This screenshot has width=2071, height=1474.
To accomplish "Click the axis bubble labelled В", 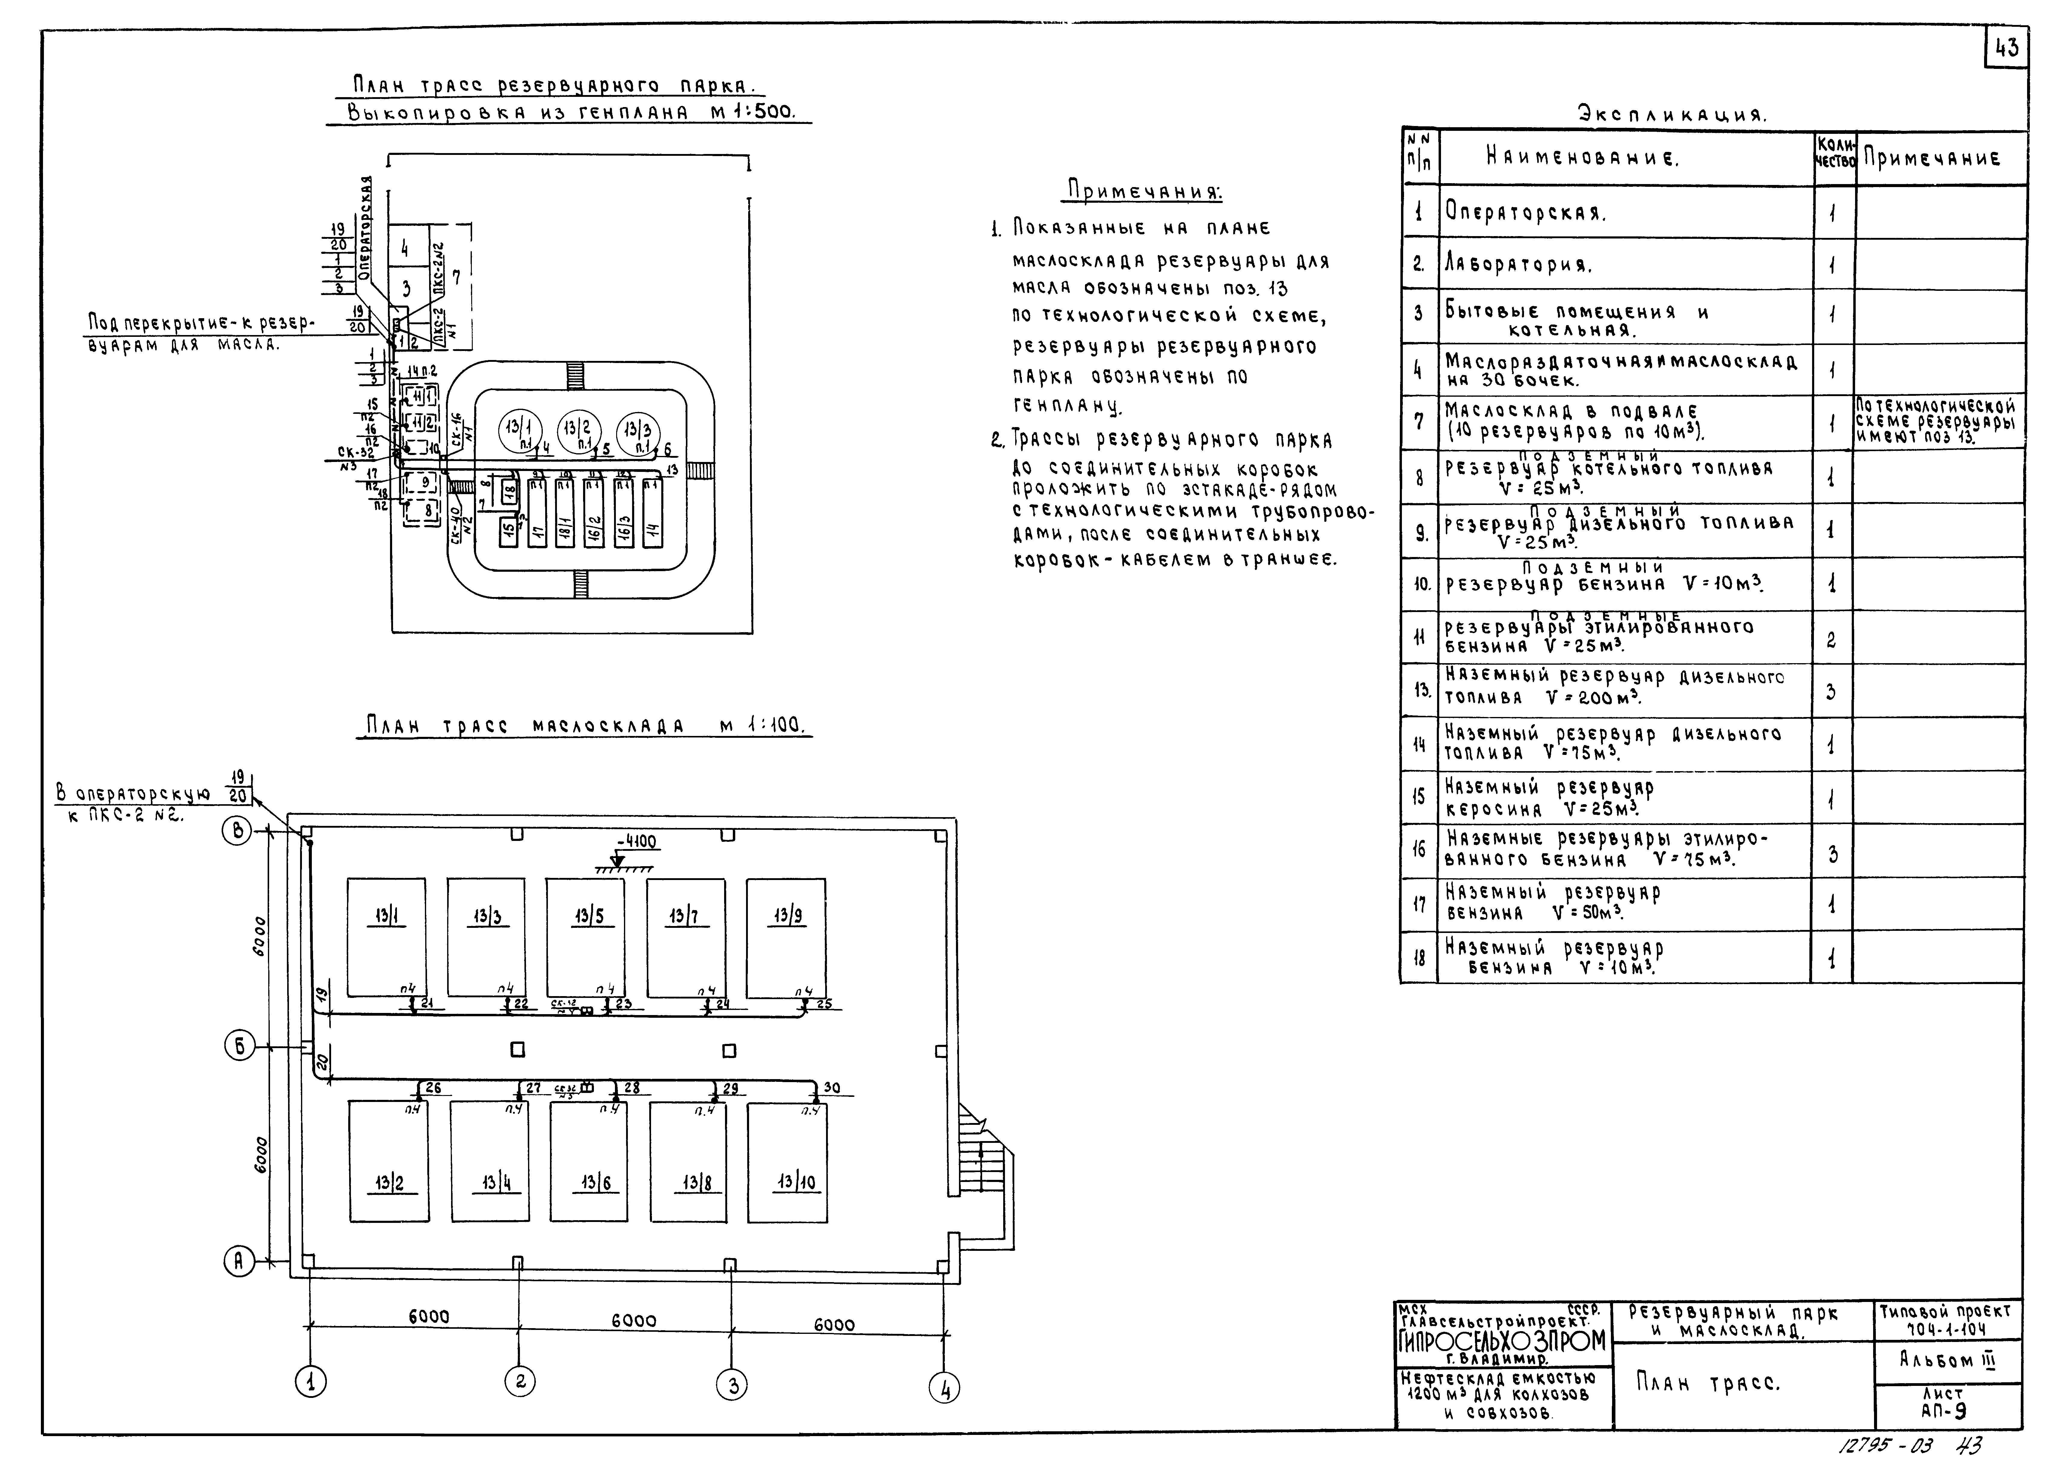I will (238, 831).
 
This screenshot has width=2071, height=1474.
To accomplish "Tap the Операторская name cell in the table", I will (1624, 213).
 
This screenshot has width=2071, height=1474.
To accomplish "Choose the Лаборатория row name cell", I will (1624, 265).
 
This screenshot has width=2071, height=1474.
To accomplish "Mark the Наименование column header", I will (1624, 159).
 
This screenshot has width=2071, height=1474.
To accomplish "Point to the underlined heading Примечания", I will (1144, 192).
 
